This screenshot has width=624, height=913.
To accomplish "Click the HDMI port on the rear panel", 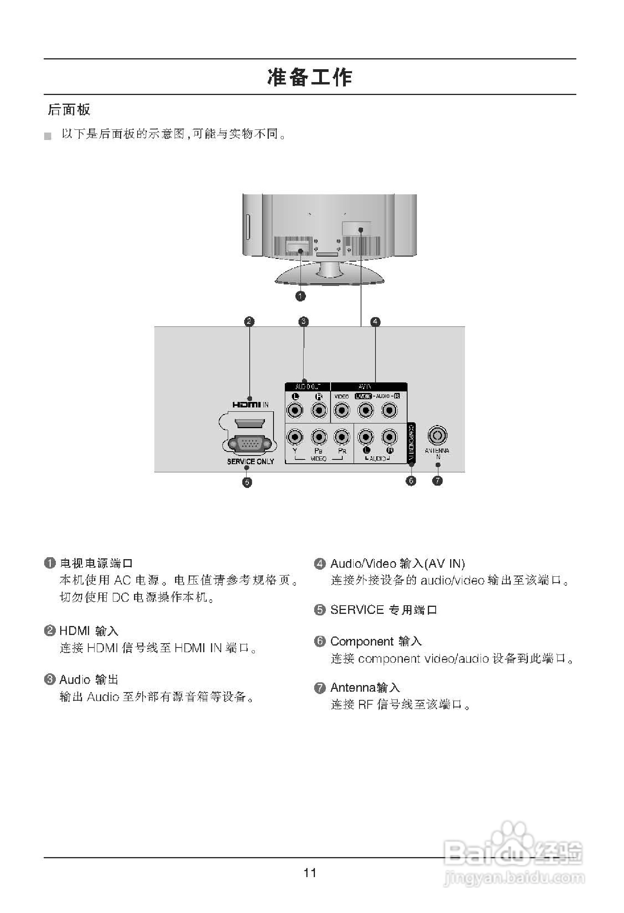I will (x=249, y=424).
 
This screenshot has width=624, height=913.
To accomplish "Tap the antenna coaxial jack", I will (x=438, y=435).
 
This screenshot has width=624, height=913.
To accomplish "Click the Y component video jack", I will (x=295, y=436).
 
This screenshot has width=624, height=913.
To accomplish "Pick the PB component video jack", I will (x=319, y=436).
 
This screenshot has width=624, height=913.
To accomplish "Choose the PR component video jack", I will (x=342, y=436).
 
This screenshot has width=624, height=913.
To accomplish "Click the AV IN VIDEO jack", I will (x=342, y=410).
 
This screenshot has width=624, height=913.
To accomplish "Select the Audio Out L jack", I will (x=295, y=410).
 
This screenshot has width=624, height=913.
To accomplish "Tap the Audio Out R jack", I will (x=319, y=410).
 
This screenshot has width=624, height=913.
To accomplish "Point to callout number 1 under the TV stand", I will (x=300, y=296).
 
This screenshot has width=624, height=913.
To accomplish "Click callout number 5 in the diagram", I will (x=247, y=482).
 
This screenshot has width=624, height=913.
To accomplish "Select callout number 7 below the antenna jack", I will (x=437, y=481).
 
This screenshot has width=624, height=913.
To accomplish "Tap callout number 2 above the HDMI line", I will (x=249, y=321).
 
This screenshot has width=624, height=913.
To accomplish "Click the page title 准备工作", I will (x=310, y=77).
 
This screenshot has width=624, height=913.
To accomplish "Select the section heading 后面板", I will (x=69, y=109).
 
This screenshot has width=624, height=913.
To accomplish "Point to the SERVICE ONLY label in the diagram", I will (x=250, y=461).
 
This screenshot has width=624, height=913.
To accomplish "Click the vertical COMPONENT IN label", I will (x=411, y=442).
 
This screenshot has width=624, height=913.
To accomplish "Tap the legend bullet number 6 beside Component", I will (x=320, y=641).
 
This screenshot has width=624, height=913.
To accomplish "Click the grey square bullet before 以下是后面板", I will (x=48, y=137).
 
